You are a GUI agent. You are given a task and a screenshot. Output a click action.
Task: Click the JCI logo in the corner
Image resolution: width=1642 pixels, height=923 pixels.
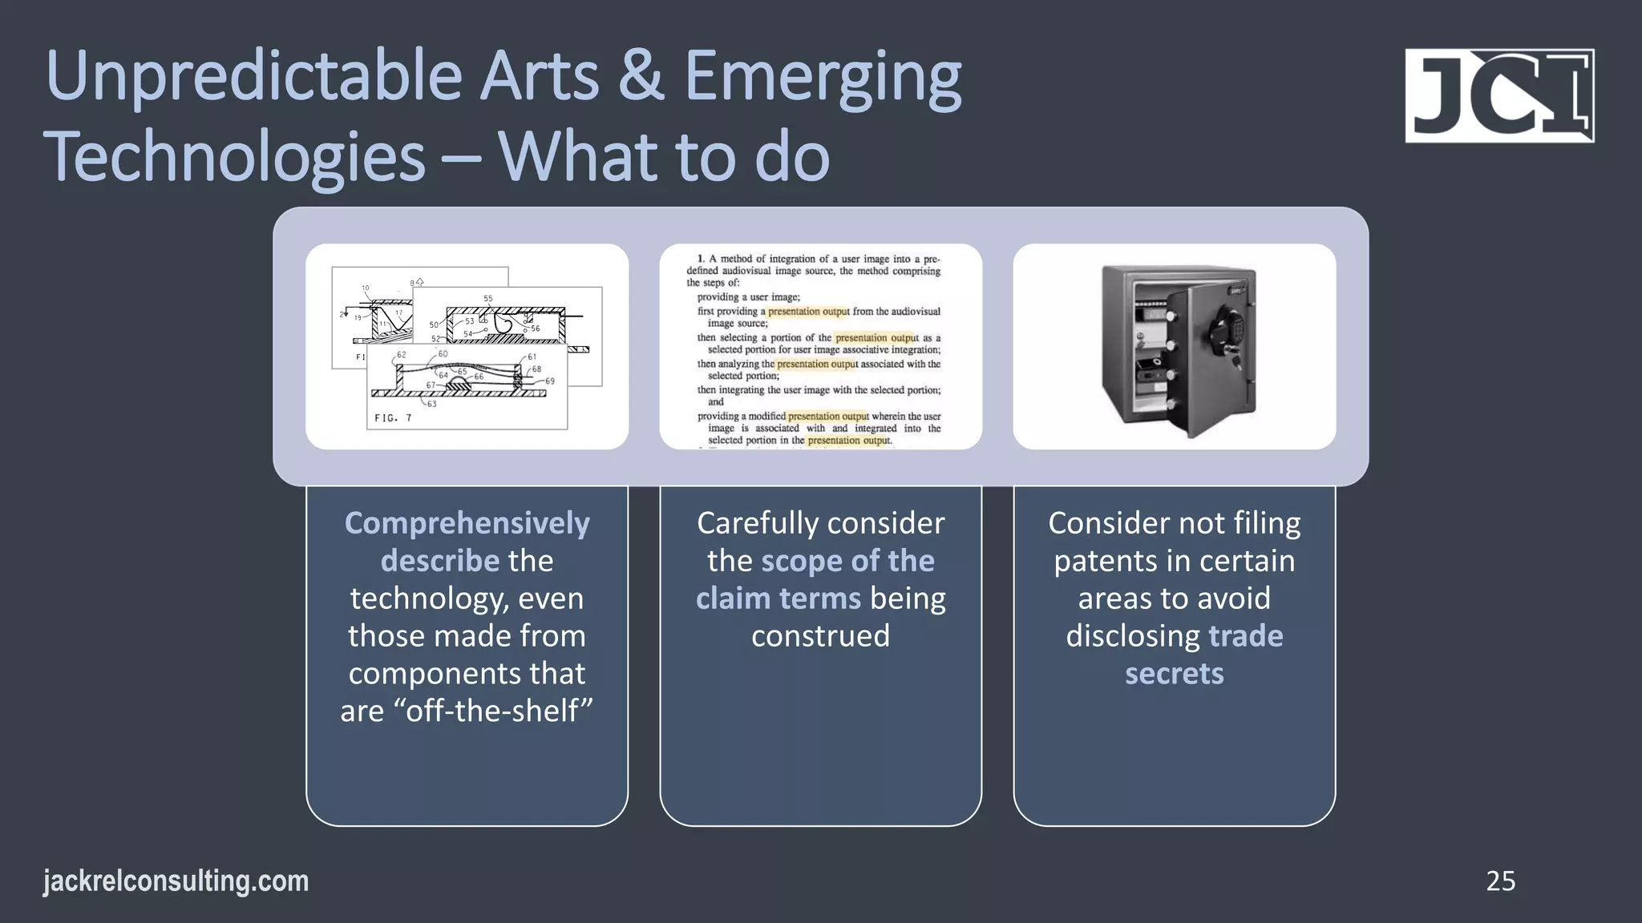1499,95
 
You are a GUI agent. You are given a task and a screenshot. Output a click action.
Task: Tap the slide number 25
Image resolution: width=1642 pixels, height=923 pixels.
1500,881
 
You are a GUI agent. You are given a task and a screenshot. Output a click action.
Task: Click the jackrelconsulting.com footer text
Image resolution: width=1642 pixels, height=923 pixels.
176,881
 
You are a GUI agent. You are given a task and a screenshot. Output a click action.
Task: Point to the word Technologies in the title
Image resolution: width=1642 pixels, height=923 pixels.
234,157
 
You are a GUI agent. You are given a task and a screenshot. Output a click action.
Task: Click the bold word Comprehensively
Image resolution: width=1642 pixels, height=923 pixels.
467,523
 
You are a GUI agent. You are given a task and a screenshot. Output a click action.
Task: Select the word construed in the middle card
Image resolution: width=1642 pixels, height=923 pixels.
820,636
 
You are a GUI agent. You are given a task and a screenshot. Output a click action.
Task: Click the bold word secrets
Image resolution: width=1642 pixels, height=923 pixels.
1174,674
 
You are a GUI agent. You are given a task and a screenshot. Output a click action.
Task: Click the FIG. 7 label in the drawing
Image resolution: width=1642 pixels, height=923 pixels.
393,418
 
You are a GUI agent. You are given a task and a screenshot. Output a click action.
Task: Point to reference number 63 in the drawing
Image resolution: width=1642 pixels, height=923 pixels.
432,404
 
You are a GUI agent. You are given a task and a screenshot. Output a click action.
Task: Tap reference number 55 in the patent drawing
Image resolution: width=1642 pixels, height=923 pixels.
488,299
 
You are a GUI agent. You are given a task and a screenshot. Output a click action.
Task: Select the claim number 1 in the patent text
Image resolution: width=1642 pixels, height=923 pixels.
701,259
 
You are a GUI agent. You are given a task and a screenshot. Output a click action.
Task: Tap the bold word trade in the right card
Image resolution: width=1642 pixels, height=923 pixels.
1245,636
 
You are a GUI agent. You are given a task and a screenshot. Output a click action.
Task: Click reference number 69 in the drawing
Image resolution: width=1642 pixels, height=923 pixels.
550,381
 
